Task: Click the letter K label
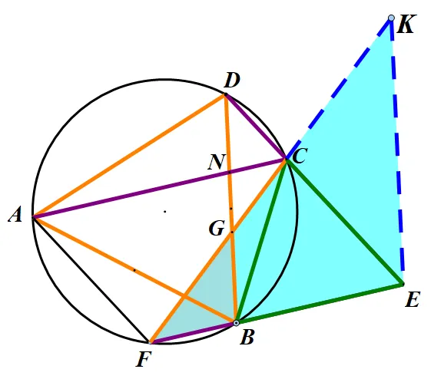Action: click(x=405, y=24)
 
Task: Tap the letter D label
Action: click(x=232, y=81)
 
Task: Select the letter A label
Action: click(x=15, y=214)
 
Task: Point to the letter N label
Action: click(x=217, y=162)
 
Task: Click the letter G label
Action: click(x=217, y=229)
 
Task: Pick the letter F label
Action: click(x=144, y=359)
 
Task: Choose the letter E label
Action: click(x=413, y=299)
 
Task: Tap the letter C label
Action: click(x=300, y=157)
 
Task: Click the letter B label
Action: click(x=247, y=338)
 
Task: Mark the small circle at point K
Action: click(x=391, y=18)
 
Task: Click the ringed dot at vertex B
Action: click(x=236, y=323)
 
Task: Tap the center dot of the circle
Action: click(x=165, y=211)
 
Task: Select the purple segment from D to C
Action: click(x=256, y=127)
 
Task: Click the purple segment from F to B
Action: click(x=193, y=333)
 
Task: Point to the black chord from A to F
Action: click(x=91, y=280)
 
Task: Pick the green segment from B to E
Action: click(x=320, y=304)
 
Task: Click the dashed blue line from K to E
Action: click(x=397, y=151)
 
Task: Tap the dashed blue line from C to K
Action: click(x=339, y=88)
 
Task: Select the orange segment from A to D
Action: click(x=129, y=156)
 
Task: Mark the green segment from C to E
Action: click(x=345, y=222)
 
